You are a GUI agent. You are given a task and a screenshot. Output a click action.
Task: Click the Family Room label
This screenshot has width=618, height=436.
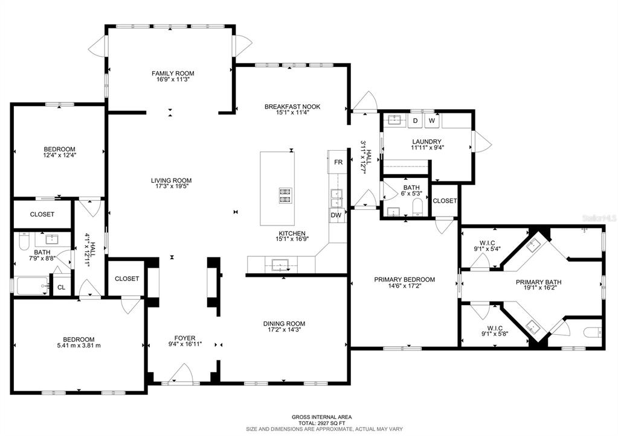pos(173,73)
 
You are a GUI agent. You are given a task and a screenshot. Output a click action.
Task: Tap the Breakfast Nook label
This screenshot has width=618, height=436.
pos(292,107)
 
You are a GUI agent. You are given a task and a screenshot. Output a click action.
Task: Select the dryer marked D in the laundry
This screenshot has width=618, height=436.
pos(415,121)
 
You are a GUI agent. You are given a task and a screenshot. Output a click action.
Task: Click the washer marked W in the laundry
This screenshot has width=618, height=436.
pos(432,121)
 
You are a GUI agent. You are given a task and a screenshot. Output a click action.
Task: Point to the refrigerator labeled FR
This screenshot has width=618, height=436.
pos(338,162)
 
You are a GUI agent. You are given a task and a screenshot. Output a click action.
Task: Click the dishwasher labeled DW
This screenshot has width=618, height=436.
pos(336,215)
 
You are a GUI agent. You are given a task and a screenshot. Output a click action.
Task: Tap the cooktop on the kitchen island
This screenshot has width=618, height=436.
pos(285,196)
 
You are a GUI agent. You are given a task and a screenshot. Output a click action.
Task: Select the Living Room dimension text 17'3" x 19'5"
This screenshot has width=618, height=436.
pos(171,186)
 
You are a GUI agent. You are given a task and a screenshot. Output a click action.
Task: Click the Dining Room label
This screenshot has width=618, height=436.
pos(284,323)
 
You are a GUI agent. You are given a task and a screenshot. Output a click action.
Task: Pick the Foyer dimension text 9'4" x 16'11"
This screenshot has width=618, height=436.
pos(185,344)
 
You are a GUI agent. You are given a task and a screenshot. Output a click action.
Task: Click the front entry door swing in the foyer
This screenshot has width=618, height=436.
pos(181,373)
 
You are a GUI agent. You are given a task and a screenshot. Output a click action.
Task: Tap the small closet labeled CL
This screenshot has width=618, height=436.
pos(61,288)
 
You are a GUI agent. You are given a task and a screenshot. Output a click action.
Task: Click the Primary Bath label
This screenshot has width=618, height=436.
pos(538,282)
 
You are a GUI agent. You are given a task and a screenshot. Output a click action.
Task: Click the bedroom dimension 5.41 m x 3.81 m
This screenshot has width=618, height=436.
pos(79,346)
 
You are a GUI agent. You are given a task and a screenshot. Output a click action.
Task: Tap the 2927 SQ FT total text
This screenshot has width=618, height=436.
pos(321,423)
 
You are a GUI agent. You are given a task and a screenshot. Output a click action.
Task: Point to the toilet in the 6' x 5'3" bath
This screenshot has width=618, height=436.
pos(417,207)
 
